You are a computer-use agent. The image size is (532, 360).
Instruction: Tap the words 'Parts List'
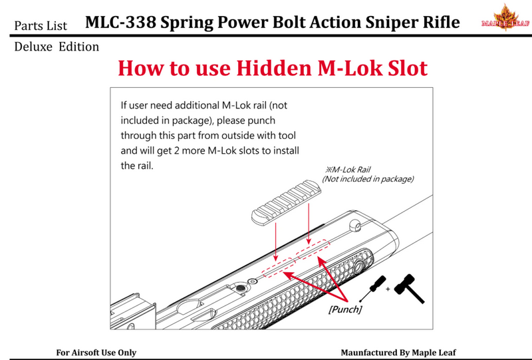tap(41, 25)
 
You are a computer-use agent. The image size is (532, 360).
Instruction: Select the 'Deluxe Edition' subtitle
tap(57, 47)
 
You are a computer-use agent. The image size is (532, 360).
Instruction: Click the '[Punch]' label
tap(346, 309)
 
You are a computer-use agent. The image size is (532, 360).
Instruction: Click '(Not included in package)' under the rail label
tap(368, 179)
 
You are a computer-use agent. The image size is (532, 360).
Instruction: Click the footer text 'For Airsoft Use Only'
tap(96, 352)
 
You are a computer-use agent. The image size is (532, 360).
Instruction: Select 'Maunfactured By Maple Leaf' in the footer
tap(398, 352)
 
